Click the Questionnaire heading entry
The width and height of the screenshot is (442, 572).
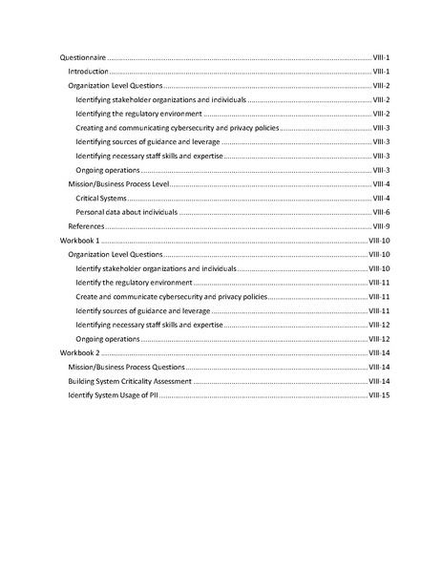click(x=83, y=57)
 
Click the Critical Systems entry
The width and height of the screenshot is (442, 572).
click(x=100, y=198)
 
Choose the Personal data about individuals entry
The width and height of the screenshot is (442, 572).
click(x=126, y=212)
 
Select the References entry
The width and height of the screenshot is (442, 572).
click(x=86, y=226)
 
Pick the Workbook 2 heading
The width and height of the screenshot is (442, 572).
click(x=79, y=352)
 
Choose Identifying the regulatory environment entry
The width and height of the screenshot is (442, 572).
click(x=137, y=114)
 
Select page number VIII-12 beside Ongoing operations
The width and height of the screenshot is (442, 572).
click(x=380, y=339)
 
